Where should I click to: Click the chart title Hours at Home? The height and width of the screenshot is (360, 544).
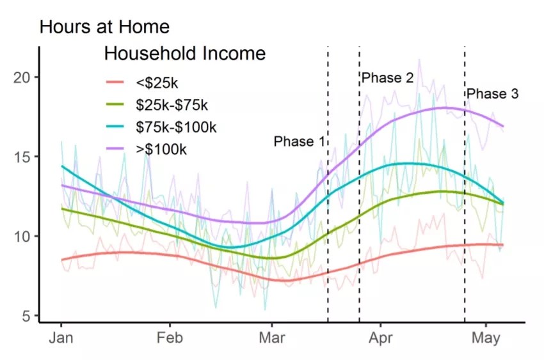pyautogui.click(x=104, y=27)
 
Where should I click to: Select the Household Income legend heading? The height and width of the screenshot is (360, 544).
pyautogui.click(x=184, y=54)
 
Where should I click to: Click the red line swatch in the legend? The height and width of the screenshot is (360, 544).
pyautogui.click(x=116, y=82)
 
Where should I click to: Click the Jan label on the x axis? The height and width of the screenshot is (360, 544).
pyautogui.click(x=61, y=338)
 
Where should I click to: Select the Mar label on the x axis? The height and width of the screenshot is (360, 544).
pyautogui.click(x=273, y=338)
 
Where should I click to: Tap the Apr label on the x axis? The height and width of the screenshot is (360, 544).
pyautogui.click(x=381, y=338)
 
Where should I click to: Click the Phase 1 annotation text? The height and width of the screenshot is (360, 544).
pyautogui.click(x=300, y=141)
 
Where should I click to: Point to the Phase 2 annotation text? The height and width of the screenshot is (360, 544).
pyautogui.click(x=387, y=78)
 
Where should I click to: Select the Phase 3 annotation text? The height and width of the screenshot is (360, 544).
pyautogui.click(x=492, y=94)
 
